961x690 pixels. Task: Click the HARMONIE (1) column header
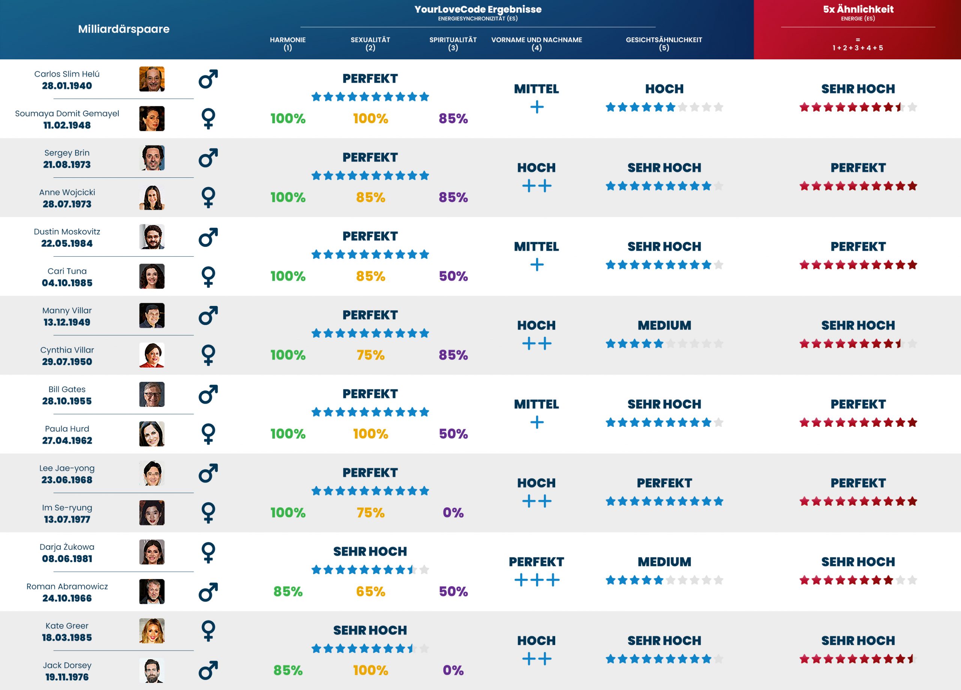coord(288,43)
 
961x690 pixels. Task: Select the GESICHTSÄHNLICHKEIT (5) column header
coord(664,43)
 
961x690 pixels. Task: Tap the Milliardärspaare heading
coord(124,29)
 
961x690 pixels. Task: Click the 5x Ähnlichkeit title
coord(858,9)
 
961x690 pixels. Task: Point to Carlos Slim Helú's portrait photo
coord(152,79)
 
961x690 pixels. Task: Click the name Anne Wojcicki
coord(67,192)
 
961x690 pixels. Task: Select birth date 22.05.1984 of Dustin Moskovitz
coord(67,244)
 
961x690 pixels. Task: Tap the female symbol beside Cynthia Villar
coord(208,355)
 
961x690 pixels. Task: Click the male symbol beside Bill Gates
coord(208,394)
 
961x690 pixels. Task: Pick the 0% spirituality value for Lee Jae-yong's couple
coord(453,512)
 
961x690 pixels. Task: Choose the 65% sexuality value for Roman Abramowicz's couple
coord(371,591)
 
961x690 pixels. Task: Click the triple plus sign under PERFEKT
coord(536,580)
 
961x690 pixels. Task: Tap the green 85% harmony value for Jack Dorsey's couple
coord(288,670)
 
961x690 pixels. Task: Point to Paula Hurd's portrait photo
coord(152,434)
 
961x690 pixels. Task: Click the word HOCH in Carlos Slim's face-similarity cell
coord(664,89)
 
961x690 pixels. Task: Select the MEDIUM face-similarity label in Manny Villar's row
coord(664,325)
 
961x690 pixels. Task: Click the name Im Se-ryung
coord(67,508)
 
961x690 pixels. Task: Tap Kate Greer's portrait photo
coord(152,631)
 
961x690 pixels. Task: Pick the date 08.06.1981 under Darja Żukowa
coord(67,558)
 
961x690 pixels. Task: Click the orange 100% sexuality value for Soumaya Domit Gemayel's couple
coord(371,118)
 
